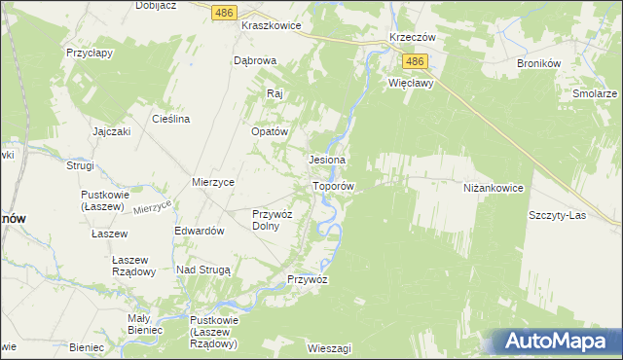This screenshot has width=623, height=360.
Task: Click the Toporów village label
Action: coord(333,185)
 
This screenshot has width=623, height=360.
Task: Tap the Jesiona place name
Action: coord(328,159)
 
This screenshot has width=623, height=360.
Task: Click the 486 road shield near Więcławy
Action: coord(416,61)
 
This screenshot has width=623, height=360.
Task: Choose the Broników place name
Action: coord(538,62)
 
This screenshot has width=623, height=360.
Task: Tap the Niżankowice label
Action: coord(495,188)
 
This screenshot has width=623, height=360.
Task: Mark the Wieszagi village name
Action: coord(328,347)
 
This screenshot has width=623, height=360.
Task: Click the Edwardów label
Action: coord(200,231)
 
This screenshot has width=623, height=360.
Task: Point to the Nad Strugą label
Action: coord(202,269)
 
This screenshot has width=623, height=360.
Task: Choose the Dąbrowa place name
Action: coord(256,60)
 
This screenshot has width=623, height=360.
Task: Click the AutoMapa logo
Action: coord(553,341)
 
